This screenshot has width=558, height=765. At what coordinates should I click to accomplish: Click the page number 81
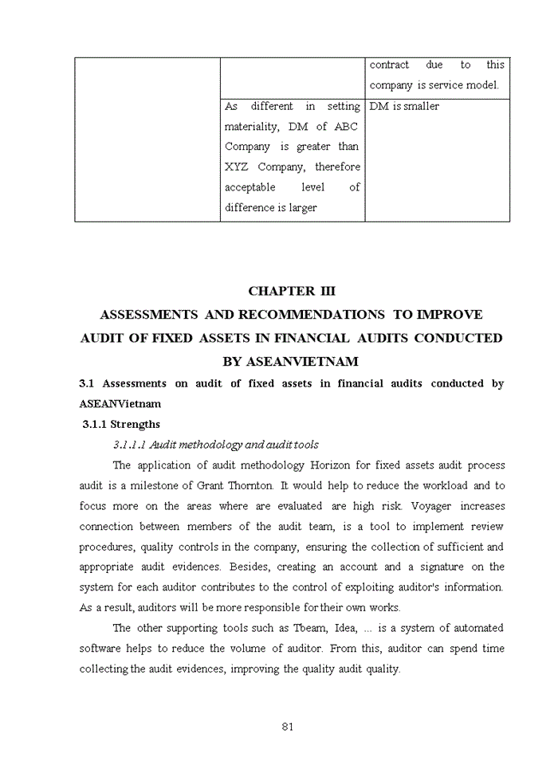289,726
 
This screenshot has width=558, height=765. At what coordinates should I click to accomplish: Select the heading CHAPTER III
292,292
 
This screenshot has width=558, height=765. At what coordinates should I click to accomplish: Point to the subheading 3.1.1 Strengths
121,424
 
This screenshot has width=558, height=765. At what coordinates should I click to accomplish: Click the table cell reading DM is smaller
404,106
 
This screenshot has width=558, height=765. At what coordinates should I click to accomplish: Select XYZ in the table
238,167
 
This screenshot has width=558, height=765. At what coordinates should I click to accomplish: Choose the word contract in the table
389,65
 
